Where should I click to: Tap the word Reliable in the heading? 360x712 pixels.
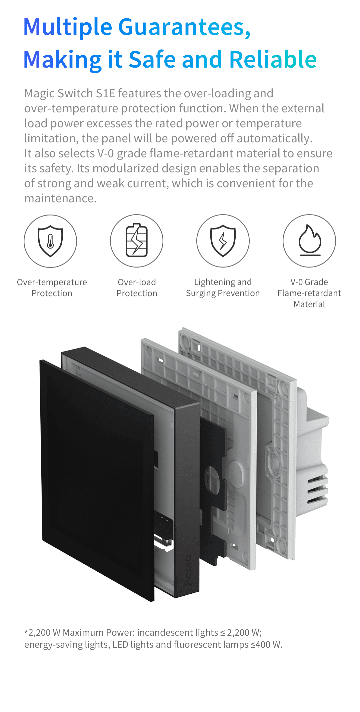(273, 60)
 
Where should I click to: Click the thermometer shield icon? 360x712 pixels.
(50, 241)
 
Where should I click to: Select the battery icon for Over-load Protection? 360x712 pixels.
(137, 241)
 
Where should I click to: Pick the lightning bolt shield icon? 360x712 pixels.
(223, 241)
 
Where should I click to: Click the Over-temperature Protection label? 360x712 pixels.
(52, 288)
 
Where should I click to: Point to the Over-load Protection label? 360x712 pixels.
(137, 288)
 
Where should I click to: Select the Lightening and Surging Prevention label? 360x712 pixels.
(223, 288)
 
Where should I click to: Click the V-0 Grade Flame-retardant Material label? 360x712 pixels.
(309, 293)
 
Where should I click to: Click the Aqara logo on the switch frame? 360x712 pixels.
(188, 570)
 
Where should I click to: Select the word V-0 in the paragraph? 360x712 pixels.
(106, 154)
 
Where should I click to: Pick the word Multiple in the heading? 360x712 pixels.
(68, 27)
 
